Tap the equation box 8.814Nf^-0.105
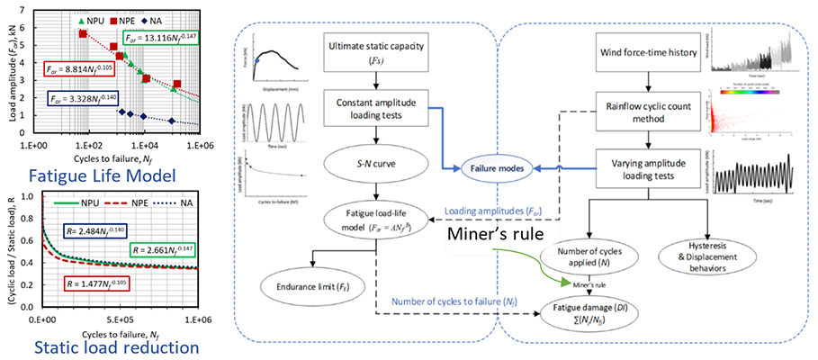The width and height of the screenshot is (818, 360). pyautogui.click(x=78, y=68)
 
